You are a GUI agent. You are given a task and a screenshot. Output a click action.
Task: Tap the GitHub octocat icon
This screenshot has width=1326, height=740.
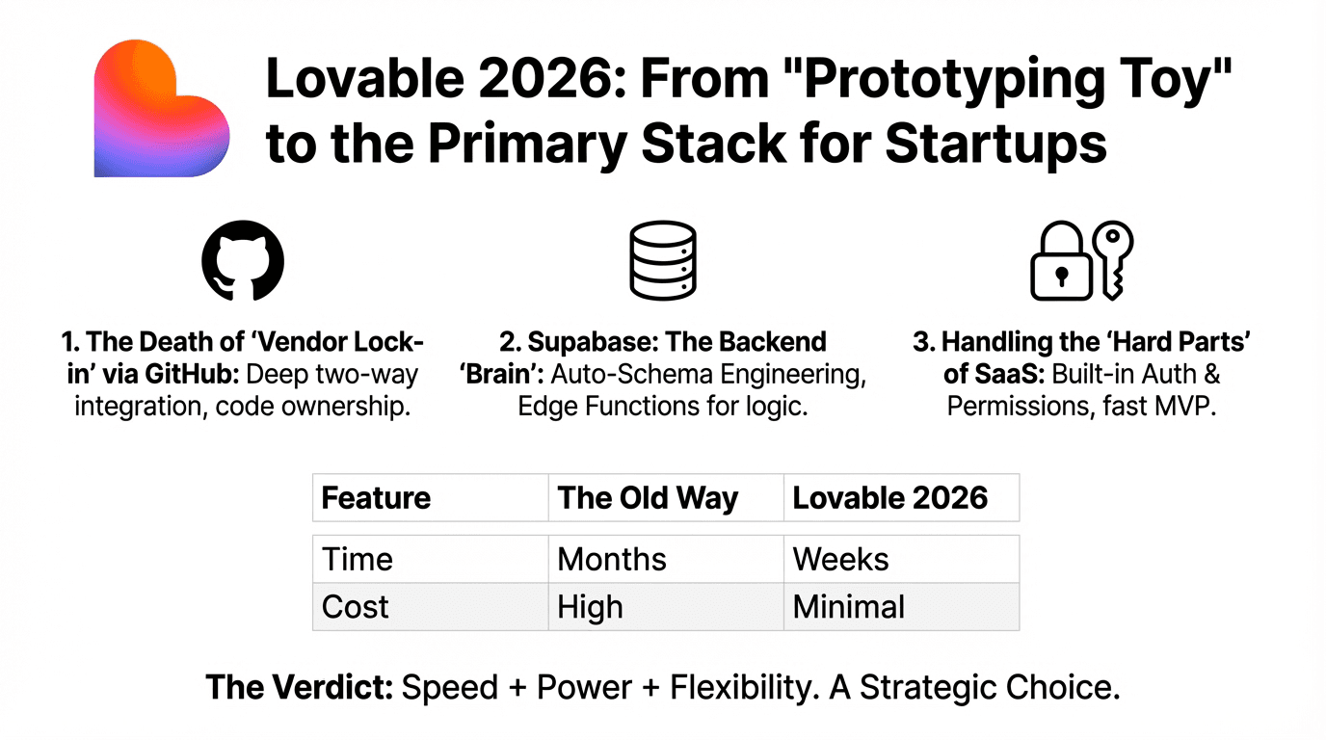click(243, 261)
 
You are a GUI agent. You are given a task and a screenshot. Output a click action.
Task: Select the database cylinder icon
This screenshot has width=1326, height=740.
click(662, 261)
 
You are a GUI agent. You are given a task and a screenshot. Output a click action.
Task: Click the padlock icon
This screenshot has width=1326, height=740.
click(1061, 269)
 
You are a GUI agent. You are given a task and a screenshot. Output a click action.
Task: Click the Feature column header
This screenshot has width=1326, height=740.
click(376, 498)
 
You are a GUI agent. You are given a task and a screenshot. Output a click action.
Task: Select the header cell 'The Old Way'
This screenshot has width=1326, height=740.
click(649, 498)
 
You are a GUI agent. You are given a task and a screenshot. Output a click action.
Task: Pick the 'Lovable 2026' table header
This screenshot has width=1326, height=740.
click(890, 498)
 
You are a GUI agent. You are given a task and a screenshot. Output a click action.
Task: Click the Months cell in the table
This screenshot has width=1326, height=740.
click(612, 559)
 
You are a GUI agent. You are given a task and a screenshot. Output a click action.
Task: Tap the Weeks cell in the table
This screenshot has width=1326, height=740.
click(840, 559)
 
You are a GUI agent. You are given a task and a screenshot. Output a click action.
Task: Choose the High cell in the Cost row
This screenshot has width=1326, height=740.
click(590, 607)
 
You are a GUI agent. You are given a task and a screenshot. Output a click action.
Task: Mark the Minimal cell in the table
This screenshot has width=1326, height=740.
click(848, 607)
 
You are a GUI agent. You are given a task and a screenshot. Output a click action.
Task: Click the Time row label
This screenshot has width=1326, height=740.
click(357, 559)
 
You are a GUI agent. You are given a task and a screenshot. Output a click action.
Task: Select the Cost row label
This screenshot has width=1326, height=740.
click(356, 607)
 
